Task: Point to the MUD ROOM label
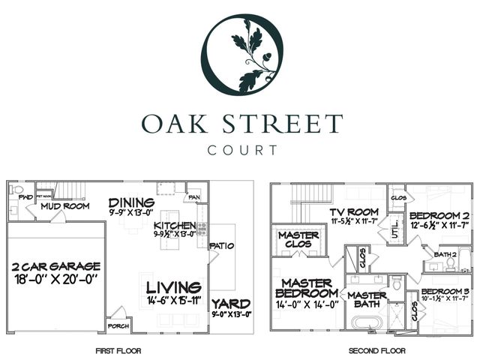coord(65,205)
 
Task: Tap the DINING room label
coord(131,203)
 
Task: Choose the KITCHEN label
coord(175,226)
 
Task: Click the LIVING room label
coord(173,287)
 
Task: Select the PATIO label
coord(223,245)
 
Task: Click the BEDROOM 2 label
coord(439,216)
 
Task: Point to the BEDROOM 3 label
coord(445,290)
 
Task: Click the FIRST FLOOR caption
coord(118,350)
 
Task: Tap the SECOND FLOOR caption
coord(377,350)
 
